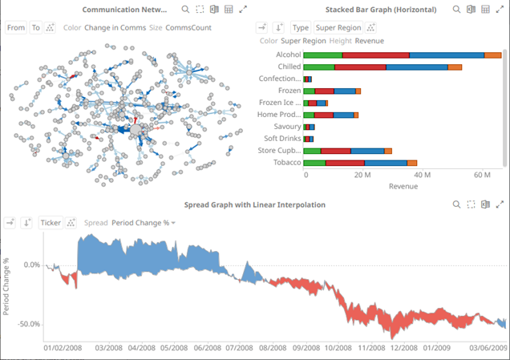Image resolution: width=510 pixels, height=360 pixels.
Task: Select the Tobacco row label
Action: (286, 163)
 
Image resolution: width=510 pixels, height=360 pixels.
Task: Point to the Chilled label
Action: (289, 67)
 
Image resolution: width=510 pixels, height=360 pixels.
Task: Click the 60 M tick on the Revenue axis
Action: (483, 175)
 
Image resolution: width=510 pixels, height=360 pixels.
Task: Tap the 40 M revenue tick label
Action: (422, 175)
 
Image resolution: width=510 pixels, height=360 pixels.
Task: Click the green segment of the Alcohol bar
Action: (322, 55)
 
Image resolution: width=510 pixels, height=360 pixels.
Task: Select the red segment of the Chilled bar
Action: (360, 67)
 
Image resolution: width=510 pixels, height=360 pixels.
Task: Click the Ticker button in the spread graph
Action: (51, 223)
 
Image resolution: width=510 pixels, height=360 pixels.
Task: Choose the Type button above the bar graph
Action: (301, 27)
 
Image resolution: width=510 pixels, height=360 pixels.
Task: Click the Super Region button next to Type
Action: (338, 27)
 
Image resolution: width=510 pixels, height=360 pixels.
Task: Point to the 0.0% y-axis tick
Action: (31, 265)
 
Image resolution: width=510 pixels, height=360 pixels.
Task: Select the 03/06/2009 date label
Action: (488, 349)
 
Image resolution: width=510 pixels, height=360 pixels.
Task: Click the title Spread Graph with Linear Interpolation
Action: (255, 204)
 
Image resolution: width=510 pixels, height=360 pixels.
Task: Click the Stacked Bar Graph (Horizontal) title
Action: (381, 10)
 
